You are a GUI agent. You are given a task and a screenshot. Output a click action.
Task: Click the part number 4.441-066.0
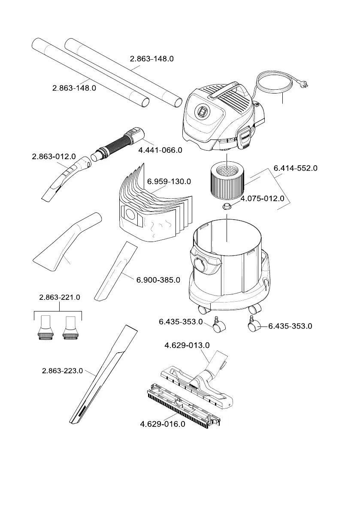click(160, 150)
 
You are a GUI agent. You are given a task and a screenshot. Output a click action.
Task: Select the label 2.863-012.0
click(54, 157)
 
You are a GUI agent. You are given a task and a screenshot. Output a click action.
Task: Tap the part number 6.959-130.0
click(169, 181)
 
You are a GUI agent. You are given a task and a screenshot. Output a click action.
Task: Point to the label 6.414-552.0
click(296, 168)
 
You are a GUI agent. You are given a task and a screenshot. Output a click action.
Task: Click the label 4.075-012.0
click(262, 199)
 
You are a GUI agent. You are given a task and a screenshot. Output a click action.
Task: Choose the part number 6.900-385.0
click(158, 280)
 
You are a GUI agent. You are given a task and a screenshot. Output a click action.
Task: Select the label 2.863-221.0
click(60, 297)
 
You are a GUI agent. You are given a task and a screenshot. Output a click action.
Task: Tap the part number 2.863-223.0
click(63, 371)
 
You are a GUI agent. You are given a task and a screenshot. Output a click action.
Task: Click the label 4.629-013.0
click(187, 345)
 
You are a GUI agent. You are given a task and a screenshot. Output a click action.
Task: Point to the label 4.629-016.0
click(163, 424)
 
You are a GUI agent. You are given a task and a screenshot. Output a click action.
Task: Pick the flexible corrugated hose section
click(115, 143)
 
